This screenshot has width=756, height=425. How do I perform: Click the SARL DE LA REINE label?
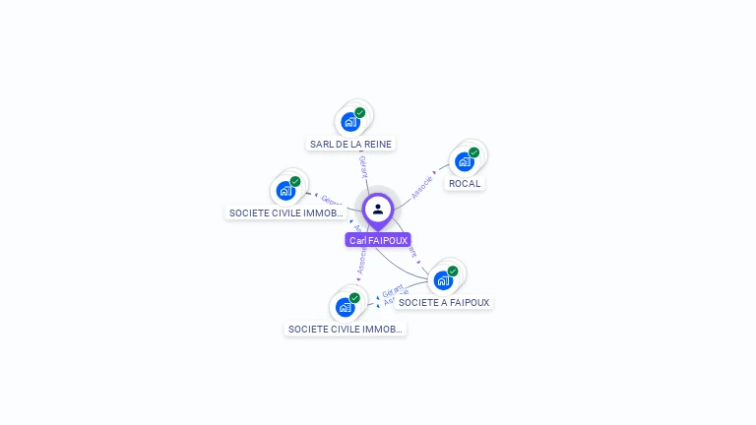(x=350, y=144)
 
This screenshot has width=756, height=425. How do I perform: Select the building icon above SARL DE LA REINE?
(x=349, y=122)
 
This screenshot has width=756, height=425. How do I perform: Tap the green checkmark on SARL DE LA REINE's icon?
(x=360, y=113)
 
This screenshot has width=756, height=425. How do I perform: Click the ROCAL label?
(x=465, y=183)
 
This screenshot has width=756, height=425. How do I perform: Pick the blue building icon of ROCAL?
(x=464, y=161)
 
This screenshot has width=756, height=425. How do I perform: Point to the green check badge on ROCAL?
(x=473, y=152)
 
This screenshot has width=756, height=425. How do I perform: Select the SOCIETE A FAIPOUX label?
(x=444, y=302)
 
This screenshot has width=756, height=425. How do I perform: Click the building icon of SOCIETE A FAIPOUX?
(x=443, y=280)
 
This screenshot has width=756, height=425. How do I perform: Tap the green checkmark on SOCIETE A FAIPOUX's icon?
(x=453, y=272)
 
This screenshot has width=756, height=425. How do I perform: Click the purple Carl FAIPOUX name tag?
(x=378, y=240)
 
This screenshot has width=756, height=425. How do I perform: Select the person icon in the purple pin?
(x=378, y=209)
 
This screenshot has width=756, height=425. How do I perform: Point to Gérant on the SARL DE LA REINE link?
(x=363, y=167)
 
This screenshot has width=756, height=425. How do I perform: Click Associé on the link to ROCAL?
(x=421, y=187)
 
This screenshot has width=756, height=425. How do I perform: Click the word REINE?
(x=377, y=144)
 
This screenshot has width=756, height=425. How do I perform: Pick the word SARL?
(x=321, y=144)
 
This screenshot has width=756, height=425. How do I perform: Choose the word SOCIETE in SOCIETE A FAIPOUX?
(x=418, y=302)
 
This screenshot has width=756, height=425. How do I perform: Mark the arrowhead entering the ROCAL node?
(x=436, y=172)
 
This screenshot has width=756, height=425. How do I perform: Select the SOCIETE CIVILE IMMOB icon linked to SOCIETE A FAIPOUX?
(x=345, y=307)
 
